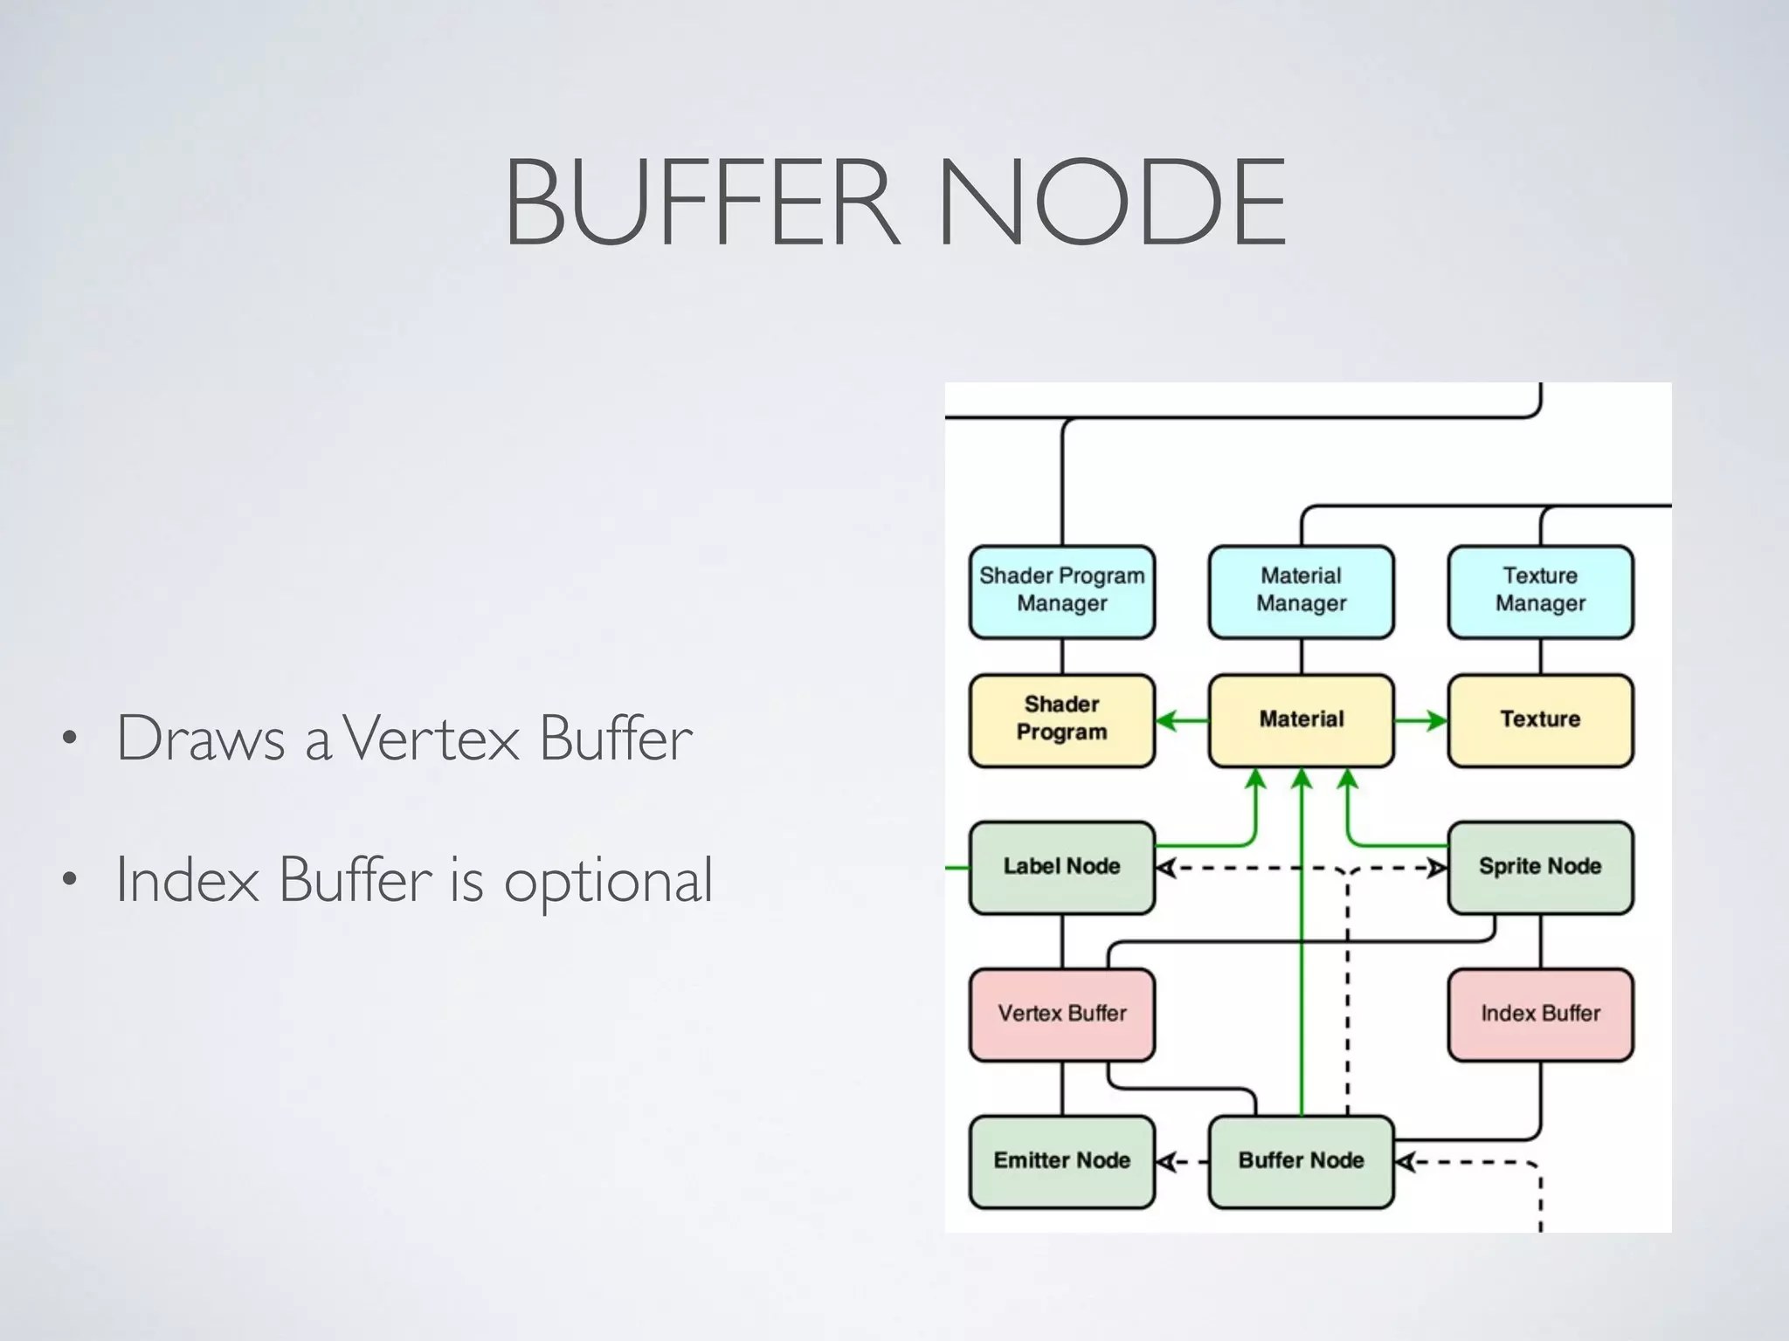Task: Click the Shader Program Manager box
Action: point(1061,591)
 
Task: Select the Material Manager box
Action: point(1301,591)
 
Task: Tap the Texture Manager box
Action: point(1540,591)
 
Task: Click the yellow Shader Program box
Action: point(1061,719)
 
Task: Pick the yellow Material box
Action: point(1301,719)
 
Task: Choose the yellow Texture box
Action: point(1540,719)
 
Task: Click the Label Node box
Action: point(1061,866)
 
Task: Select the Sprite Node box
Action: point(1540,866)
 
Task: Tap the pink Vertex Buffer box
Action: point(1061,1014)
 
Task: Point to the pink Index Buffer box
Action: point(1540,1014)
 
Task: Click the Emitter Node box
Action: point(1061,1160)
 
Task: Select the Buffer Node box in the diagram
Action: point(1301,1160)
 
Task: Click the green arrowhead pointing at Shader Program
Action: point(1165,720)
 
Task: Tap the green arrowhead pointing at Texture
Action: point(1437,720)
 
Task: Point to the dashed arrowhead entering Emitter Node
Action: point(1165,1162)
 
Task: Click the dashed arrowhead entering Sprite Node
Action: point(1437,868)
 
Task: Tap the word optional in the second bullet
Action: point(608,881)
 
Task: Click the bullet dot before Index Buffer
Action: point(70,879)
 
